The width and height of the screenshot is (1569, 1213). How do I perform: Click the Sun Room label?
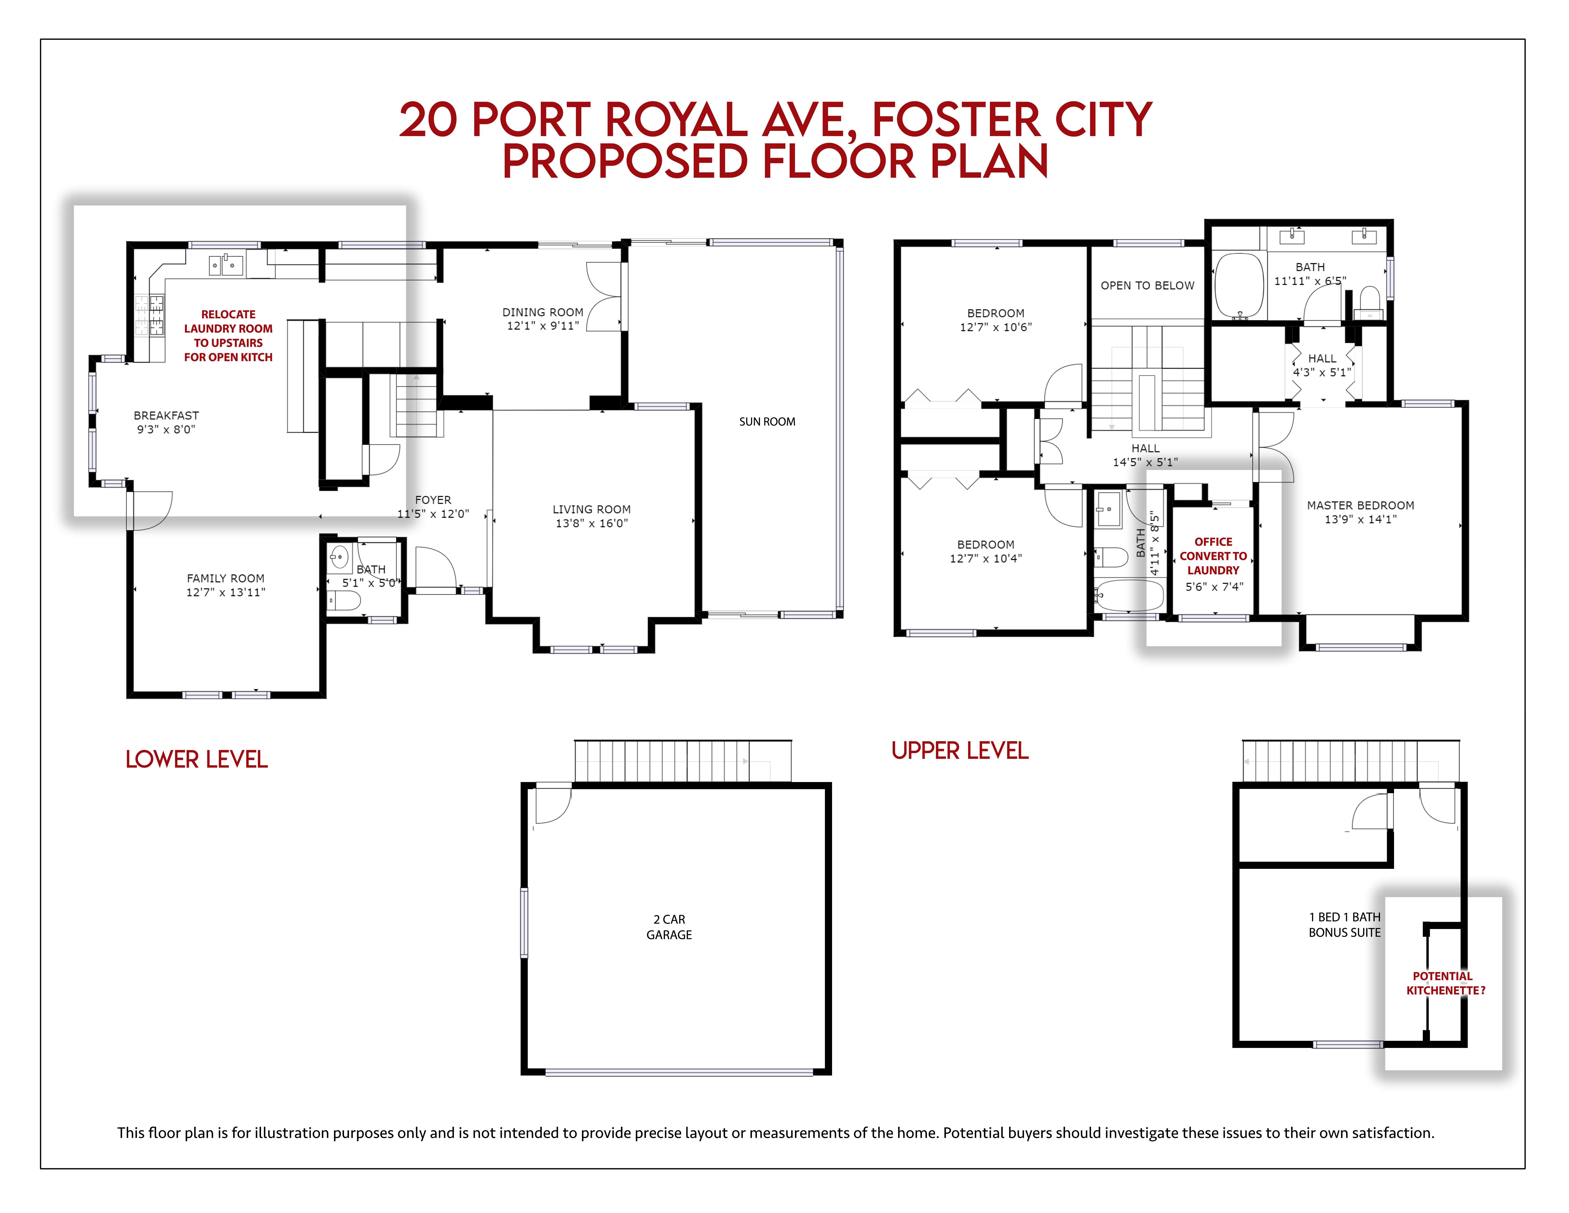tap(767, 422)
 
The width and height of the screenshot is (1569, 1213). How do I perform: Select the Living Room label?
tap(591, 509)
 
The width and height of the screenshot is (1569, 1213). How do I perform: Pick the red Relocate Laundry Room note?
tap(228, 336)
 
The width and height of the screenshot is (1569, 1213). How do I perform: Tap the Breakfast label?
tap(166, 415)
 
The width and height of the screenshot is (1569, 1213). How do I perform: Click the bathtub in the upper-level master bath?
tap(1239, 285)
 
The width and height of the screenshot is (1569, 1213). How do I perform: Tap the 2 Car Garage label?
tap(669, 927)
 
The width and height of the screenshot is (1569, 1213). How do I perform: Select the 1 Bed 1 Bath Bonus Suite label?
tap(1344, 925)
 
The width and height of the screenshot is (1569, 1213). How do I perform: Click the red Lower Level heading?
tap(196, 760)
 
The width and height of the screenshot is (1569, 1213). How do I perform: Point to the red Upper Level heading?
tap(960, 751)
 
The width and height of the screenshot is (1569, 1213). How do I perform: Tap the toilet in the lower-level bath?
tap(344, 600)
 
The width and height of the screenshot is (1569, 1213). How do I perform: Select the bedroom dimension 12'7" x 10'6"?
tap(996, 327)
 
